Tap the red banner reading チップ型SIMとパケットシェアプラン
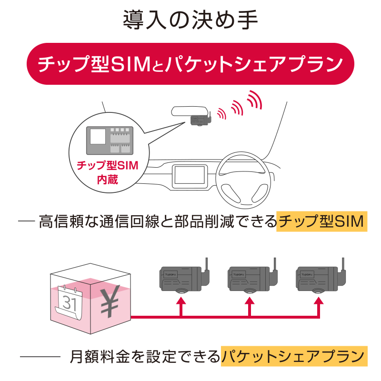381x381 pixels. click(x=190, y=64)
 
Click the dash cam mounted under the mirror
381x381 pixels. click(x=200, y=121)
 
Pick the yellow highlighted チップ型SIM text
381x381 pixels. click(x=322, y=221)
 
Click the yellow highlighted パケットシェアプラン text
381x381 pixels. click(x=294, y=356)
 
